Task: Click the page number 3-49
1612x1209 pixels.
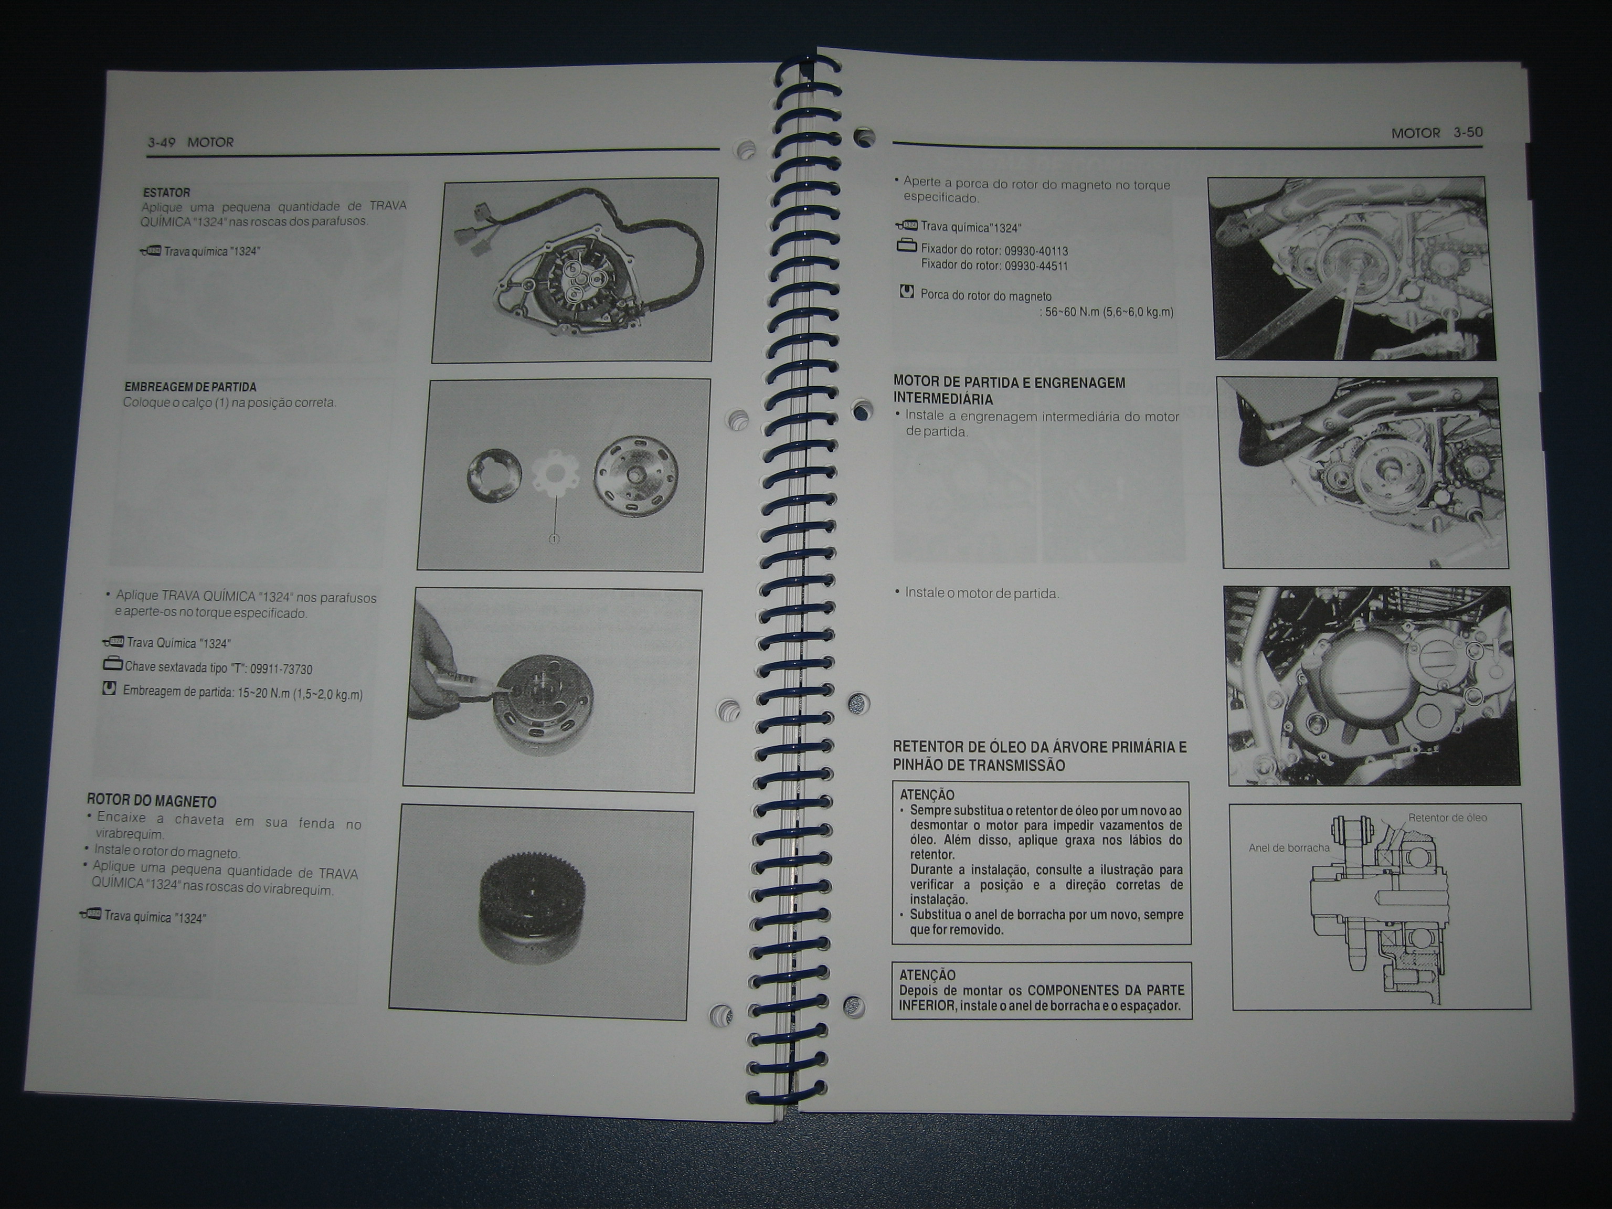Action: tap(161, 142)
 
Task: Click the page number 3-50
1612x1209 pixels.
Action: tap(1468, 133)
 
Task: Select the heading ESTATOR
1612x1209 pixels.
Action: tap(166, 193)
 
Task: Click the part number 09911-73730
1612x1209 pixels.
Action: tap(281, 669)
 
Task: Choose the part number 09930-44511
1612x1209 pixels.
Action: tap(1036, 266)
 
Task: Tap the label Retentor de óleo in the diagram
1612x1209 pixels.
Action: tap(1447, 818)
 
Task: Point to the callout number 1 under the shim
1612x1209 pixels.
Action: tap(554, 539)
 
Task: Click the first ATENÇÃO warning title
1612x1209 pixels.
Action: tap(927, 795)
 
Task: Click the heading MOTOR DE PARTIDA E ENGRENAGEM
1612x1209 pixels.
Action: tap(1009, 383)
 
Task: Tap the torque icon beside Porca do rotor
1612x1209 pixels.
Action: tap(907, 292)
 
